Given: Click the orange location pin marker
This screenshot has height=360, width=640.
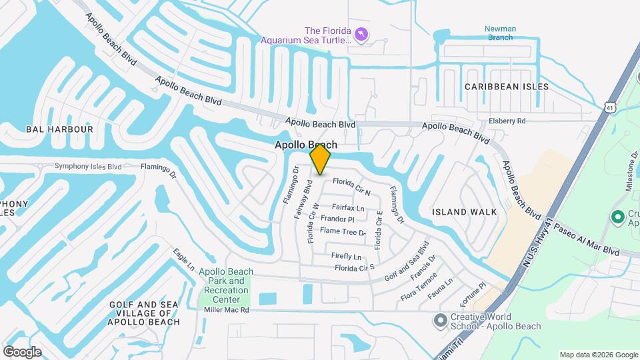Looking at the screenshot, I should point(321,159).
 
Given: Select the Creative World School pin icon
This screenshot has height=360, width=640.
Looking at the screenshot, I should point(439,321).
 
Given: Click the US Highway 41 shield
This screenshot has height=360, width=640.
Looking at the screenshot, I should point(609,107).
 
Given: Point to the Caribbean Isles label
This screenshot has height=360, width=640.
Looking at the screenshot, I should point(507,87).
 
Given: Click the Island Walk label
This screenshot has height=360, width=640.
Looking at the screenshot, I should point(464,212).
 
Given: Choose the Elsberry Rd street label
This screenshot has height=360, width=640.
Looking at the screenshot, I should point(507,121).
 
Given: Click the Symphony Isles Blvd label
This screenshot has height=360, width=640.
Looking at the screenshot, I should point(88,166).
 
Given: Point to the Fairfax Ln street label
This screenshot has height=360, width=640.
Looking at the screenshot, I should point(348,208).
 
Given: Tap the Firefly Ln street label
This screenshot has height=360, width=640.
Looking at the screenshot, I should point(346,257).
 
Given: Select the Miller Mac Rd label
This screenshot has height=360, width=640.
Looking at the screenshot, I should point(226,310).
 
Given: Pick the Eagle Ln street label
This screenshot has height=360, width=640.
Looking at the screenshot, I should point(183,259).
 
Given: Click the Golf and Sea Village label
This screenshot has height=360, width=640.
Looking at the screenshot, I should point(144,313).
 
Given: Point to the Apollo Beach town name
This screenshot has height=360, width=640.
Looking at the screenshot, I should point(306,145).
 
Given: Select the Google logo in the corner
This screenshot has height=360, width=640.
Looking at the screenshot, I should point(22,351).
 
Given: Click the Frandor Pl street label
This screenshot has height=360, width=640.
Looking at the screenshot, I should point(337,219).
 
